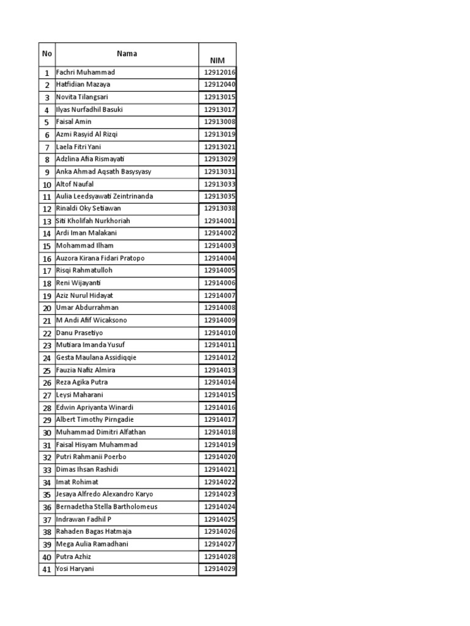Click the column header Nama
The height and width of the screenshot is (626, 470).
point(127,54)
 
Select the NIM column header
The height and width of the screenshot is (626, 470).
point(217,61)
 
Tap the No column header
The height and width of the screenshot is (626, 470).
point(47,54)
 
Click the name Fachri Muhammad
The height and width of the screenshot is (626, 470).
point(85,72)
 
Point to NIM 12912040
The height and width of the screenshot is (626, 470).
point(219,84)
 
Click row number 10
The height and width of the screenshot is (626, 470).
point(47,185)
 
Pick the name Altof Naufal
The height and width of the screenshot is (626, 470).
point(75,184)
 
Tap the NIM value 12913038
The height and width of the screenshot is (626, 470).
point(219,208)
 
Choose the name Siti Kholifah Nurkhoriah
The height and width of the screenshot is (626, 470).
point(93,221)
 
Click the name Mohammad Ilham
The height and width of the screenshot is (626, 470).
point(84,246)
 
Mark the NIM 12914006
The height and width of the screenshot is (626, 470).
point(219,283)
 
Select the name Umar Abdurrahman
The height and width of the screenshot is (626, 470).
point(87,307)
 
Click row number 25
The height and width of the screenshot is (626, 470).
point(47,370)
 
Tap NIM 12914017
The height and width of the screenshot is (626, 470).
point(219,420)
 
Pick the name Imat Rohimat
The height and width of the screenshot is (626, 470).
point(77,482)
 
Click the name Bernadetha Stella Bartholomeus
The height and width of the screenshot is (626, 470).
point(106,507)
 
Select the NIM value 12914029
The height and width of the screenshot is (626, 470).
point(219,569)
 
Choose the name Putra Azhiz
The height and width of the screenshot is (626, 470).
point(73,556)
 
